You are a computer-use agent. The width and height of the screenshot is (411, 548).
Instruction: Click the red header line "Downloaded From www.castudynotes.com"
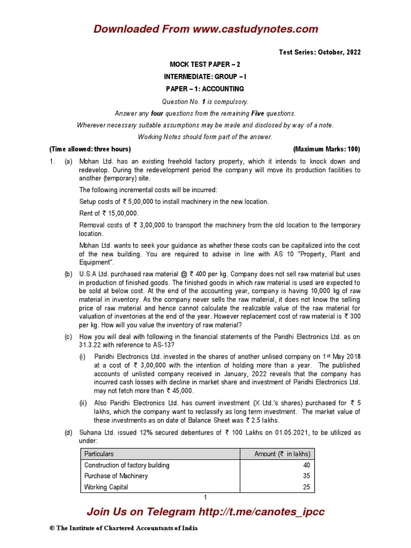[205, 29]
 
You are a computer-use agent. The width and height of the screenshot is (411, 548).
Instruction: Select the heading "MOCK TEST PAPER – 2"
[205, 64]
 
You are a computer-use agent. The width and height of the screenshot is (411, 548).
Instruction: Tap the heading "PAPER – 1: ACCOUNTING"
[205, 89]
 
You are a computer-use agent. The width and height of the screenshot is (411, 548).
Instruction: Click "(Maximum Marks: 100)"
[326, 149]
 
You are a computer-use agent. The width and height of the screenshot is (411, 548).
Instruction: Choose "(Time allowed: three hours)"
[90, 149]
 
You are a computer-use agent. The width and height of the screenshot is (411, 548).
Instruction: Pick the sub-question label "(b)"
[68, 274]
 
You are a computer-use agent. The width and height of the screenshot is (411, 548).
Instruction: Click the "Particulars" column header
[99, 454]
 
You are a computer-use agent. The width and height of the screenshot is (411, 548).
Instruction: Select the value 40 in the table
[307, 465]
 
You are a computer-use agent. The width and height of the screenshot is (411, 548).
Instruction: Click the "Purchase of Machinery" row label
[116, 476]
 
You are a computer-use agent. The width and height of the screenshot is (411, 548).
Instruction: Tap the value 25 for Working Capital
[307, 487]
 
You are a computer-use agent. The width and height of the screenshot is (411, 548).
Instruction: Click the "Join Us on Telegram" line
[205, 512]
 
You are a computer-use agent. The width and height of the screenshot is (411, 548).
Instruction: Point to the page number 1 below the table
[205, 498]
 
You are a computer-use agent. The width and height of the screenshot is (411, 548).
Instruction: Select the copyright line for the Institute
[124, 528]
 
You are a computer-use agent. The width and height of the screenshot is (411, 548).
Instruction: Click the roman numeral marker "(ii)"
[84, 403]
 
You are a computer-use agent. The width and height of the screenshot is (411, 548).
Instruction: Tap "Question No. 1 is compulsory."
[205, 101]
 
